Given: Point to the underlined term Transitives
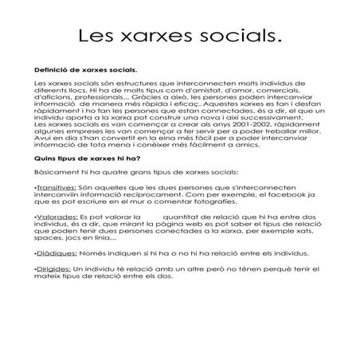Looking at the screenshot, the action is [57, 209].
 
